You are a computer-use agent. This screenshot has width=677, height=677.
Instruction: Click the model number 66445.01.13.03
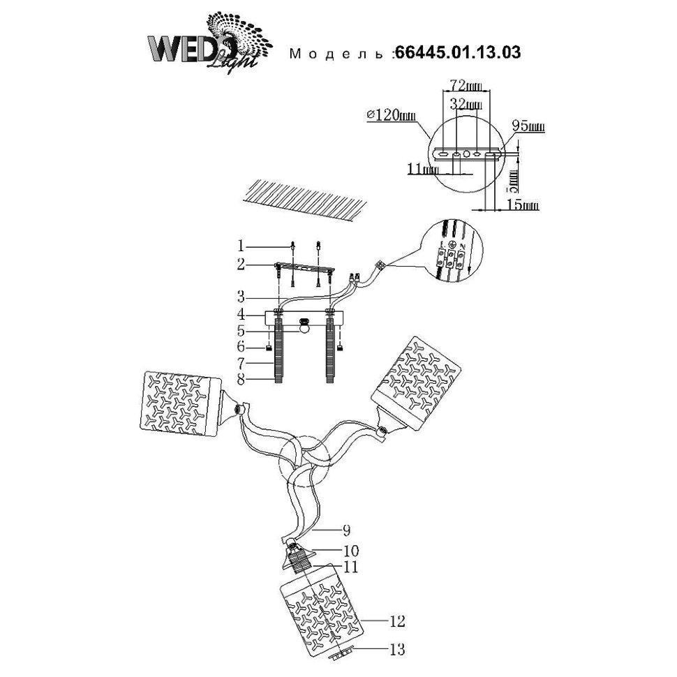457,52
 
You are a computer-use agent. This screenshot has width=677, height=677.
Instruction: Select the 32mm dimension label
465,105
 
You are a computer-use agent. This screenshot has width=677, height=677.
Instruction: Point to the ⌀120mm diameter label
389,116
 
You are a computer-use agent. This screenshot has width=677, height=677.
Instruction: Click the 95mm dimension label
528,127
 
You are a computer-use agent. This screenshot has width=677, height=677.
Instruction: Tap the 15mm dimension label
523,205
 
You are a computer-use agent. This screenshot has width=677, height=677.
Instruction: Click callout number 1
241,246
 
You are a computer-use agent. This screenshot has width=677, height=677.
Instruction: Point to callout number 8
241,380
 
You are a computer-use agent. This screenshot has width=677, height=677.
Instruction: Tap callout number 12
397,619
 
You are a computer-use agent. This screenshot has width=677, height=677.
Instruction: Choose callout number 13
397,650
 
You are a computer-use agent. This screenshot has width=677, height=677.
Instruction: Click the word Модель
338,54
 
